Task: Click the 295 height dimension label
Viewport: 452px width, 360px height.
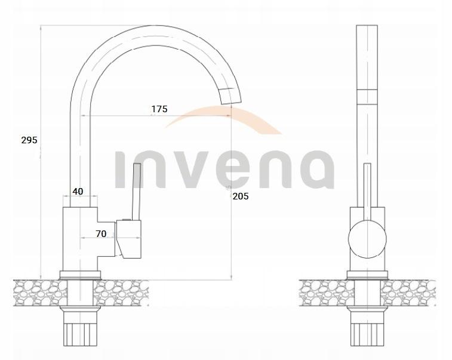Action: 29,140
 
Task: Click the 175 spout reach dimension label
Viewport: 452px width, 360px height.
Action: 159,109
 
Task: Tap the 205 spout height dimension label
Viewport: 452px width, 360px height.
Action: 241,196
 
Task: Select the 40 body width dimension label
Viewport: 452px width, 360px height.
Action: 78,192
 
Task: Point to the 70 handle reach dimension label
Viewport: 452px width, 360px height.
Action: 101,234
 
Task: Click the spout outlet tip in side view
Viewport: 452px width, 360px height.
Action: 230,96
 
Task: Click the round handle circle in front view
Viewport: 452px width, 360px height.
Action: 367,239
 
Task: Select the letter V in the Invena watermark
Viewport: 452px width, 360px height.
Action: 204,170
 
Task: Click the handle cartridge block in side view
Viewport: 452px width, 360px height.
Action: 129,239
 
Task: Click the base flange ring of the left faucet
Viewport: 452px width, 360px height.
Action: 81,275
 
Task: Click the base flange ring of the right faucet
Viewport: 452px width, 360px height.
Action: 367,275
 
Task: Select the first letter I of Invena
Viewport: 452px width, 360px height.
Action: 119,170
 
